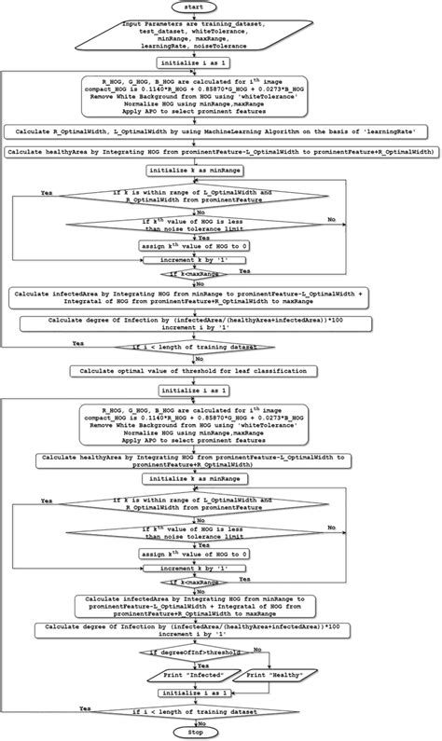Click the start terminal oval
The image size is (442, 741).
[220, 7]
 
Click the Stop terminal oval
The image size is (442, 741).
[220, 733]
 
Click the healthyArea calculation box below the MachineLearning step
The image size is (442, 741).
[220, 151]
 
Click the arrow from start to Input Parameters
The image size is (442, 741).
[220, 17]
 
